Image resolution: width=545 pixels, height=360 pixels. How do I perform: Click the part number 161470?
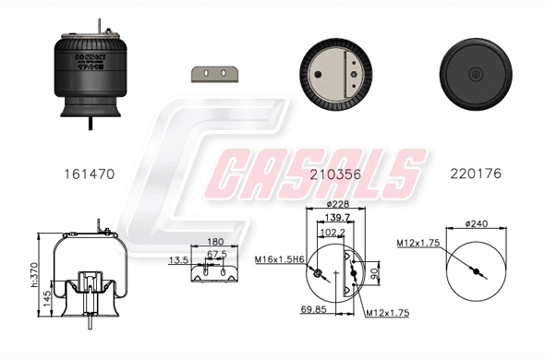point(91,173)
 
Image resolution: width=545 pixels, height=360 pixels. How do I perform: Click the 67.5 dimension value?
point(217,255)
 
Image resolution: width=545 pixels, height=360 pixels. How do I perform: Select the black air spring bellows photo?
point(91,78)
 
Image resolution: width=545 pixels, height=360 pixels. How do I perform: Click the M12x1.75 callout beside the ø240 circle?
point(417,243)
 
